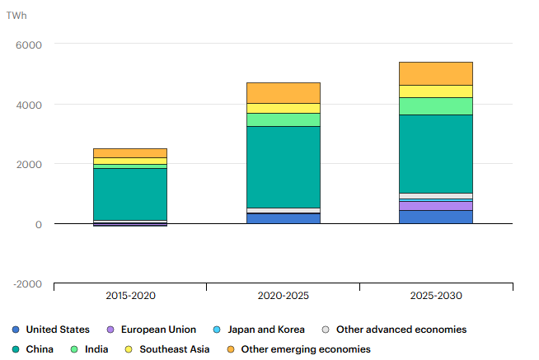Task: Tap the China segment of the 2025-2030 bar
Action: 435,153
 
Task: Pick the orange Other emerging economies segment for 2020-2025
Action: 283,92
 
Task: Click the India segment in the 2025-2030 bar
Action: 435,105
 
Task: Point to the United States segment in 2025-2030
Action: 435,217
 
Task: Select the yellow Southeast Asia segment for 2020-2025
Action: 283,108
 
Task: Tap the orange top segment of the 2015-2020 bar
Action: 130,152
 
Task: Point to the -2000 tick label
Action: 27,283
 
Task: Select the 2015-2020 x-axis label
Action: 130,295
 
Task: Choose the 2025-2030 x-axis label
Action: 435,295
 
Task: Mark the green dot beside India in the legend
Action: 73,349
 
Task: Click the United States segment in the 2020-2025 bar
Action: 283,218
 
